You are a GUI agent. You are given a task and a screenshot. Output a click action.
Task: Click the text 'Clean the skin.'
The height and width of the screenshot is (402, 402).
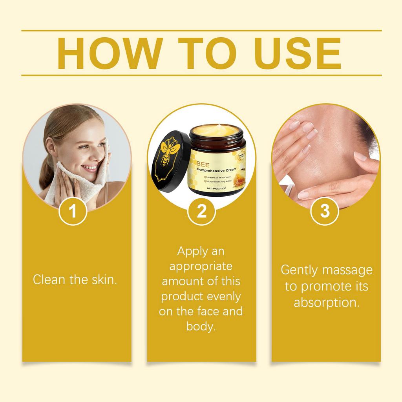click(x=75, y=280)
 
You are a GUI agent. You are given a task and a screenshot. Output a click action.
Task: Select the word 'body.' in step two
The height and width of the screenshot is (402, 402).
click(x=201, y=326)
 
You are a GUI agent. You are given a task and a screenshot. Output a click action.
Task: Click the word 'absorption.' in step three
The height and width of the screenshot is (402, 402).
click(x=326, y=303)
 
